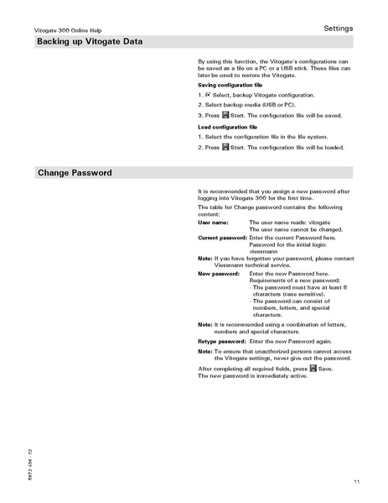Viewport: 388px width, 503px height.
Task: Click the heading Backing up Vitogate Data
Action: point(88,42)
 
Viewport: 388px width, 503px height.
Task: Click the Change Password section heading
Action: point(75,173)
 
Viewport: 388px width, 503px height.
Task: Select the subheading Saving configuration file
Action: point(230,86)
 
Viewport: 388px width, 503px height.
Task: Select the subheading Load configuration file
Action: point(227,126)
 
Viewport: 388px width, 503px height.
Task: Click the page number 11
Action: point(356,481)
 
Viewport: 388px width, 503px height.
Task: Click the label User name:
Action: point(213,223)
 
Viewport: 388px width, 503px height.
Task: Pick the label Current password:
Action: point(223,238)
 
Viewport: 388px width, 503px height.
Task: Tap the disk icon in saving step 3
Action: point(225,115)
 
